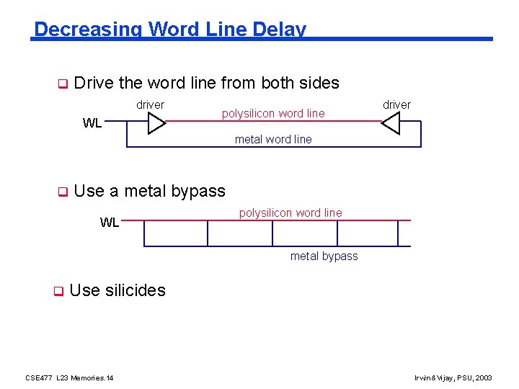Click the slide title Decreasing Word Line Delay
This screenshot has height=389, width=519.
coord(170,30)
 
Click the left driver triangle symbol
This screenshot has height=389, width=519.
coord(156,124)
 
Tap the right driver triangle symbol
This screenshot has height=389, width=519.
coord(391,124)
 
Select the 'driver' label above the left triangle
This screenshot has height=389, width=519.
coord(150,105)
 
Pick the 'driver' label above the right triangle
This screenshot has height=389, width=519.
coord(396,105)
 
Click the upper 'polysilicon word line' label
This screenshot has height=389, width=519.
coord(273,113)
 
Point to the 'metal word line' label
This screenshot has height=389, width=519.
coord(273,140)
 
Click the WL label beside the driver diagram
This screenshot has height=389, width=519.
coord(92,123)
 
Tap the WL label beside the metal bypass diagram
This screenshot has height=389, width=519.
coord(110,223)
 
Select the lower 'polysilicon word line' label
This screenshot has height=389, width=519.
coord(290,213)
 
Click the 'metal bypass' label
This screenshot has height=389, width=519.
coord(324,256)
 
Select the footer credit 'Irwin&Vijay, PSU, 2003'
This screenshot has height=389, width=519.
coord(453,377)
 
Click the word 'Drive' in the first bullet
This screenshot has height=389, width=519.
coord(94,83)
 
